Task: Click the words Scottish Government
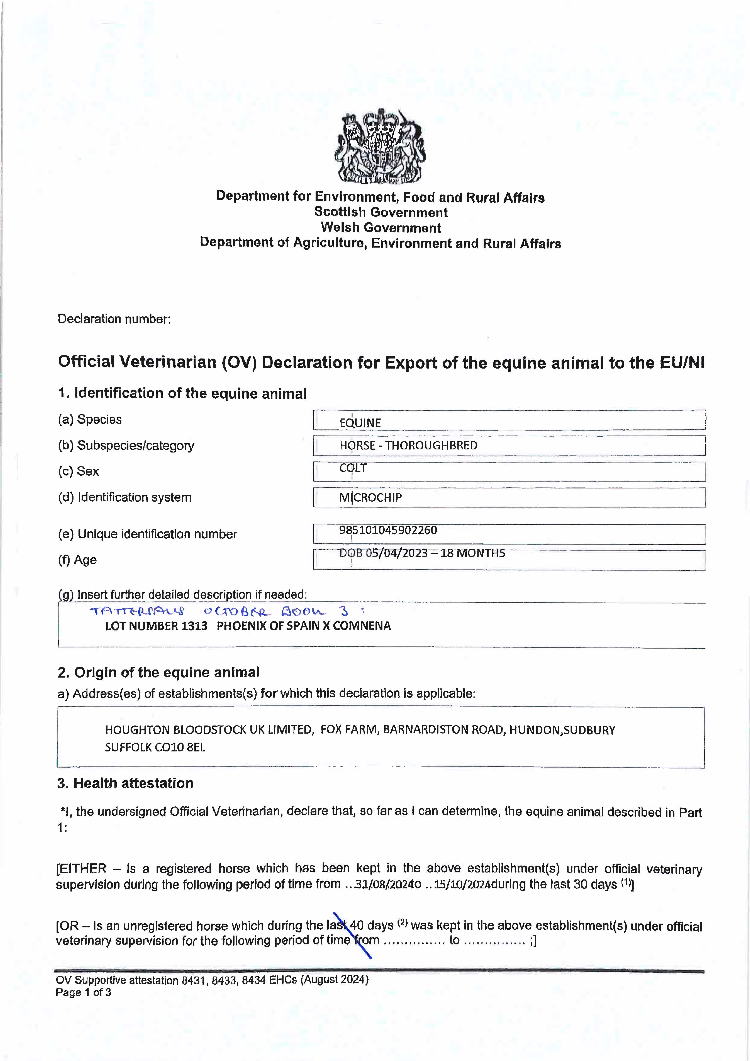(x=381, y=213)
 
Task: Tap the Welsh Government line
(x=381, y=228)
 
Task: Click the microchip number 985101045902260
(x=388, y=530)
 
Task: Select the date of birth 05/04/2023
(x=396, y=553)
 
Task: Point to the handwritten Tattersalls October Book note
(x=226, y=611)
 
